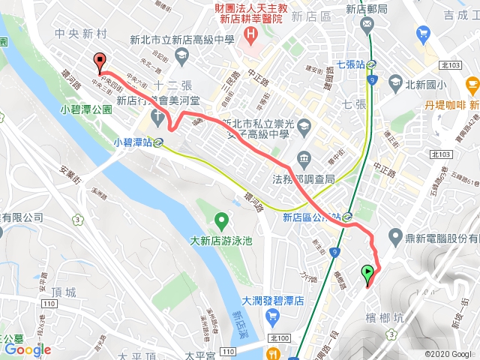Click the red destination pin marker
[x=99, y=63]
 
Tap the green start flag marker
[x=368, y=274]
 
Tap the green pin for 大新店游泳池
[x=221, y=221]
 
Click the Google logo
[x=27, y=349]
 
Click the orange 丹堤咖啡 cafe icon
[x=472, y=84]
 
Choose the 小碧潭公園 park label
[x=86, y=109]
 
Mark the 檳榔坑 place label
[x=386, y=318]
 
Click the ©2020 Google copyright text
[x=448, y=354]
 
